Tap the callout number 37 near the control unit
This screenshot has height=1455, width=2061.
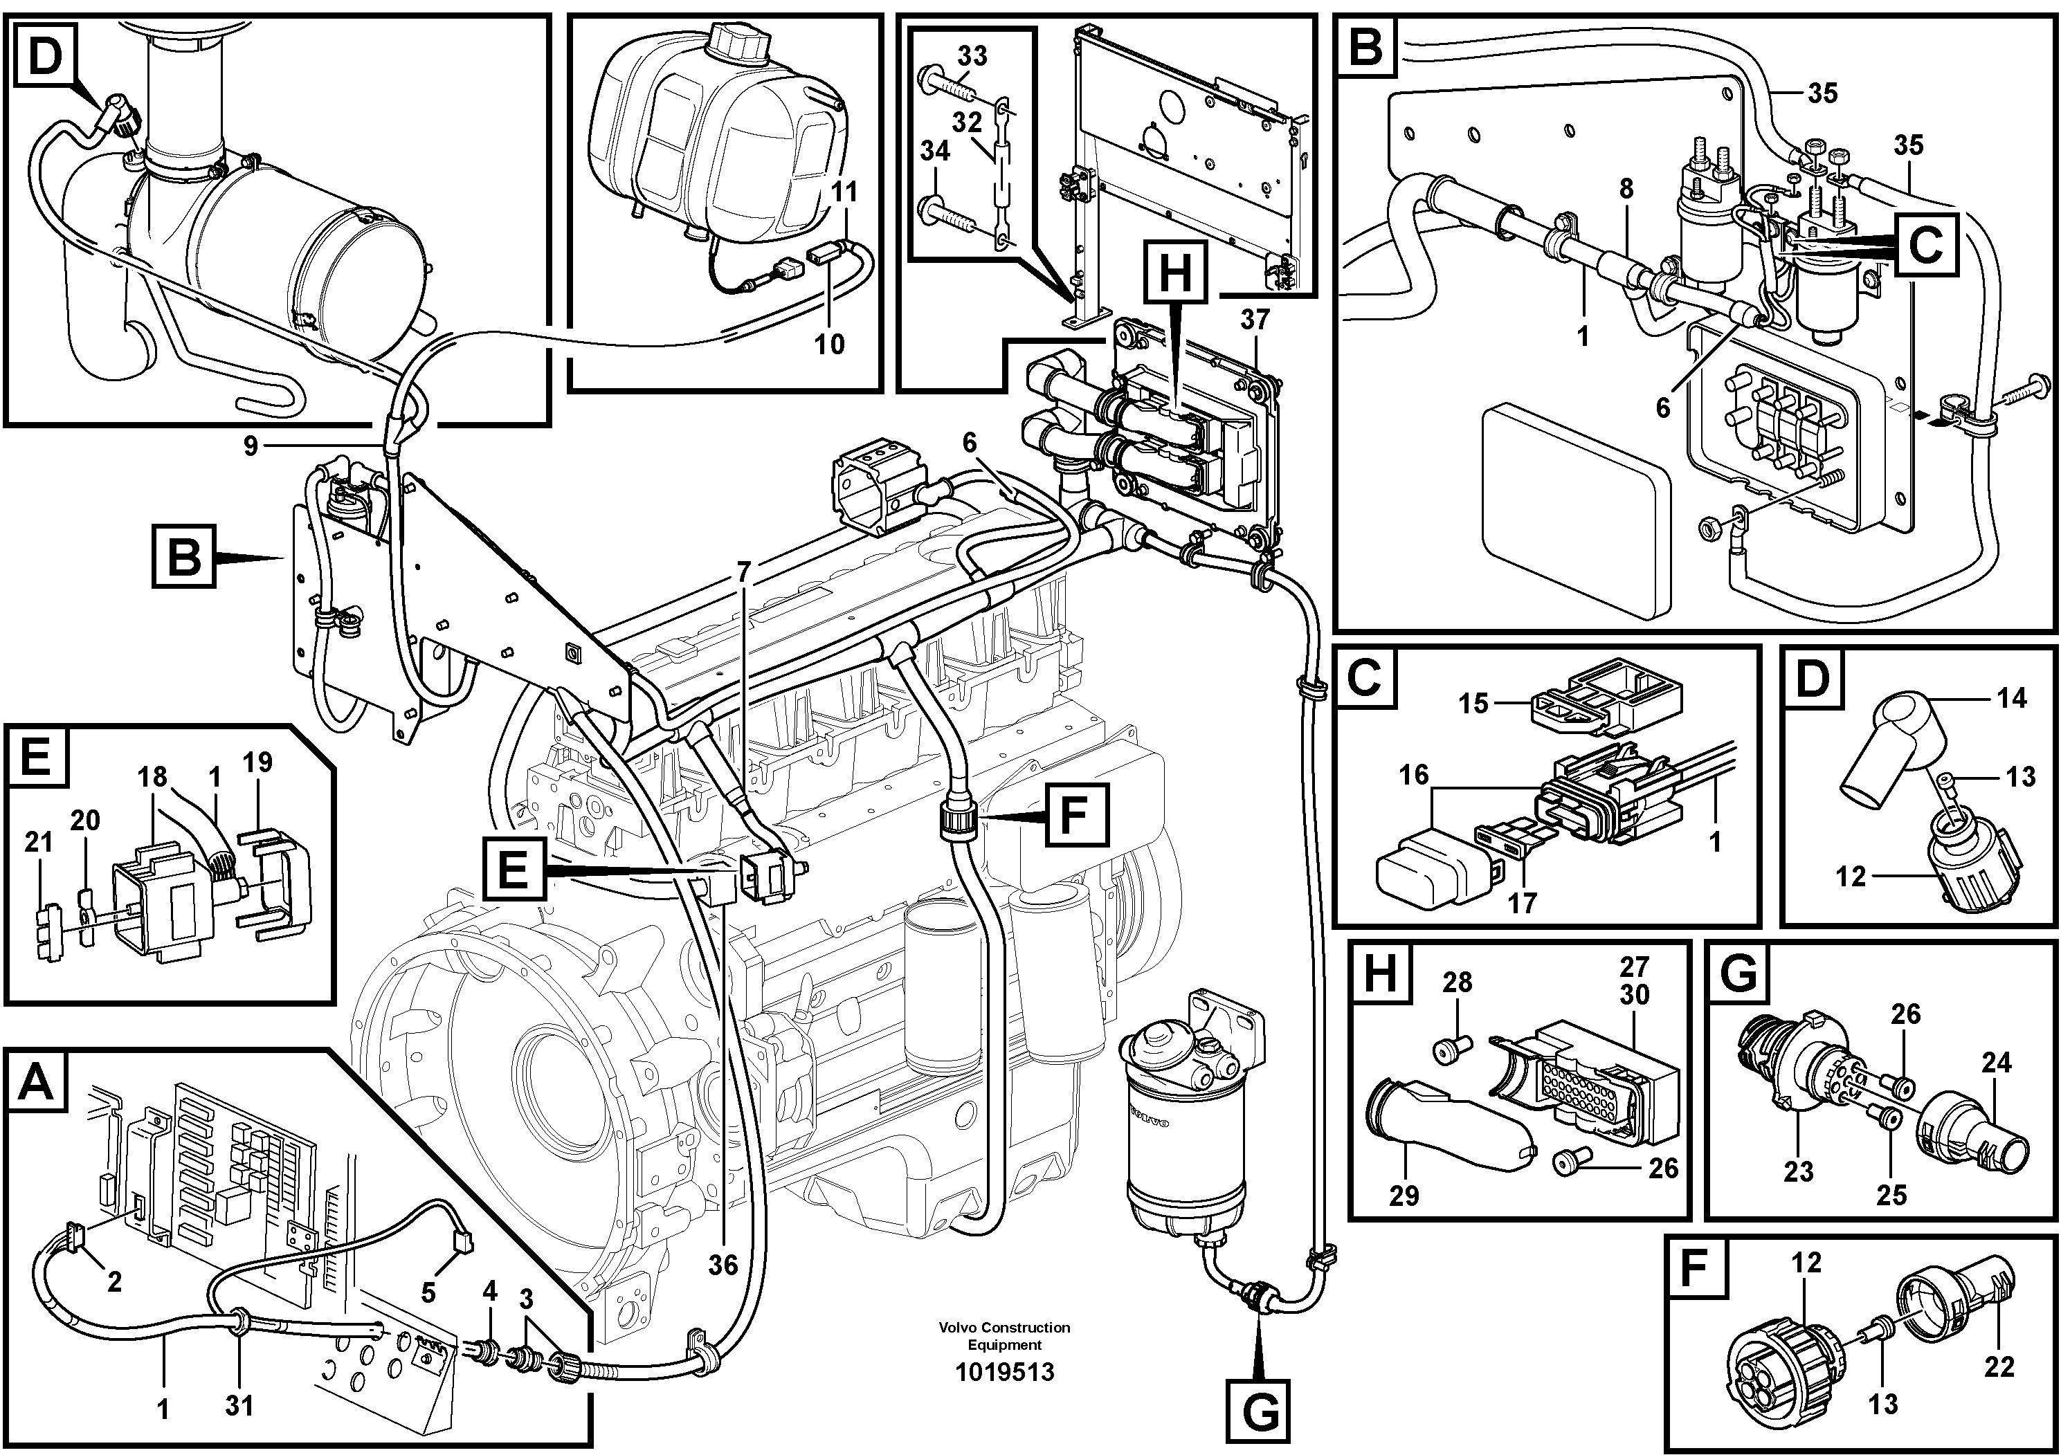click(1256, 320)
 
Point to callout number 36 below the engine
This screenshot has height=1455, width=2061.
click(723, 1265)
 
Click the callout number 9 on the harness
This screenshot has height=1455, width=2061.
click(251, 445)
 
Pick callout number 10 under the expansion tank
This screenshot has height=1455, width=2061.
click(829, 344)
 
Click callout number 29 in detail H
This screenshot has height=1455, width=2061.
click(1404, 1195)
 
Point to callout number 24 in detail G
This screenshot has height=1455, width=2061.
click(1997, 1063)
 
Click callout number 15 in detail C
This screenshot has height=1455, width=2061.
click(1473, 703)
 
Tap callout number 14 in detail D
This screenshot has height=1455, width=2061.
click(2012, 698)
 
